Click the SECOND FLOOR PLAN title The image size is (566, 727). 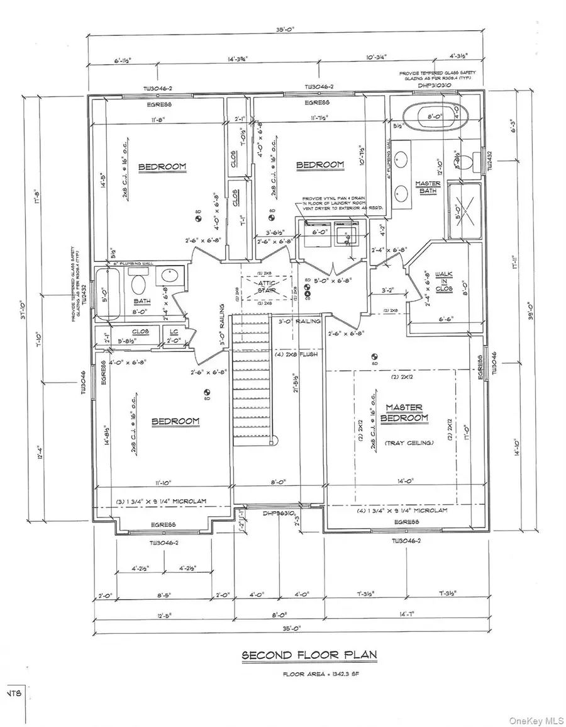309,655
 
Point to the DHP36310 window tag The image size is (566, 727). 279,513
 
